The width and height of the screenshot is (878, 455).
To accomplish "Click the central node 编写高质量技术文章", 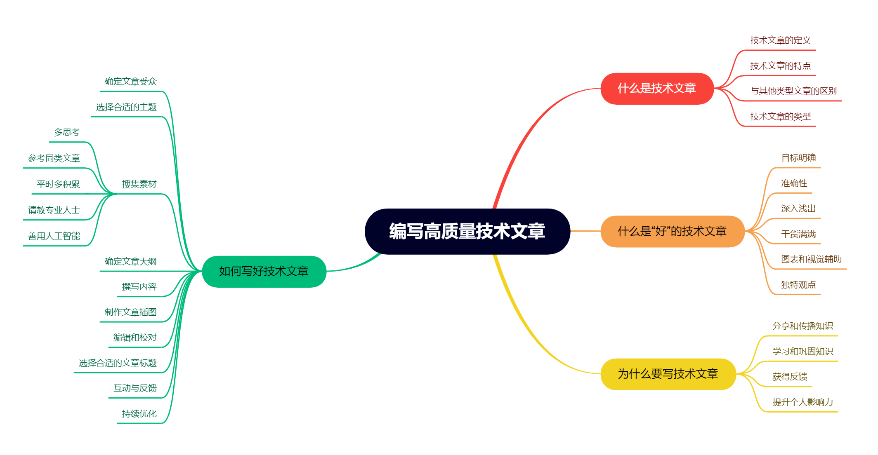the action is [x=467, y=231].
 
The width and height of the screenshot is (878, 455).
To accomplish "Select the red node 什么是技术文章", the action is [x=657, y=88].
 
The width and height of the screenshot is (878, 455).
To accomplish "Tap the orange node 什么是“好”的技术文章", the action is [x=672, y=231].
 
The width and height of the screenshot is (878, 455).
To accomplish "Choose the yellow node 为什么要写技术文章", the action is [x=668, y=374].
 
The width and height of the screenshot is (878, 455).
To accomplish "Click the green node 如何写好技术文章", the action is [x=264, y=271].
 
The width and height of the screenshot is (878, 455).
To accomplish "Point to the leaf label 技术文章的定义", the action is [x=780, y=40].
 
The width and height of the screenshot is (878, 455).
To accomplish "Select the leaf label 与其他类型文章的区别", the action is [x=793, y=91].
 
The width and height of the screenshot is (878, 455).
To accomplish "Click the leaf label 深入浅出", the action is [x=798, y=209].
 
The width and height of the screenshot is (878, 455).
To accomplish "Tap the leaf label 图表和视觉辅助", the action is [x=811, y=259].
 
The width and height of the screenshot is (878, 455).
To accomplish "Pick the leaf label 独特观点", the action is [x=798, y=285].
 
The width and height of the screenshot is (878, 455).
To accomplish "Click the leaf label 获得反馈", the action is [x=790, y=377].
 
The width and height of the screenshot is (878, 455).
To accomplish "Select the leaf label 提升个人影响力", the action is [x=802, y=402].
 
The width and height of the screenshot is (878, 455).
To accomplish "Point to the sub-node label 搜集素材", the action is [x=139, y=184].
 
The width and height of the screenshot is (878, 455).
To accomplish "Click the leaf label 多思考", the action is [x=66, y=132].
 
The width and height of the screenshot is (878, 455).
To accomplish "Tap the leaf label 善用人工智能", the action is [x=54, y=236].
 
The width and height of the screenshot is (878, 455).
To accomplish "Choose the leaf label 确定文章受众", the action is [x=130, y=82].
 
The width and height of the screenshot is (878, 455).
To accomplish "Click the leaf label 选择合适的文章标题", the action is [x=118, y=363].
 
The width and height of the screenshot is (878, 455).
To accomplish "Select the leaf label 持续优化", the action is [x=139, y=414].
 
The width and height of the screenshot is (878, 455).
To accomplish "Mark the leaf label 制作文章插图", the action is [x=130, y=312].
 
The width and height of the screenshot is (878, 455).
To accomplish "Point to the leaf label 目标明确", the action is [x=798, y=158].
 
